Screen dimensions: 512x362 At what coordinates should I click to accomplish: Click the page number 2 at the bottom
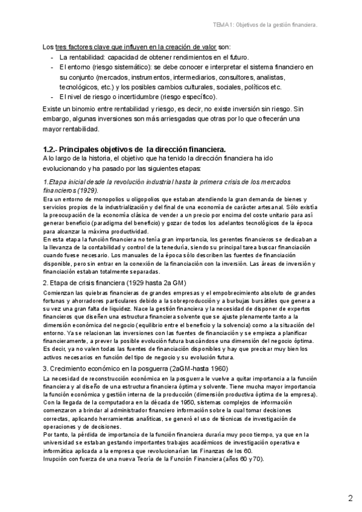coord(350,498)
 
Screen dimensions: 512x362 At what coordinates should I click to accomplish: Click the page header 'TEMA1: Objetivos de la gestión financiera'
coord(265,25)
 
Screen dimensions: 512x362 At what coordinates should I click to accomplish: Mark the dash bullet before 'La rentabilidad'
coord(54,57)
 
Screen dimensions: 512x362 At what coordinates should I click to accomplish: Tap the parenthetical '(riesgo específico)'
coord(183,96)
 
